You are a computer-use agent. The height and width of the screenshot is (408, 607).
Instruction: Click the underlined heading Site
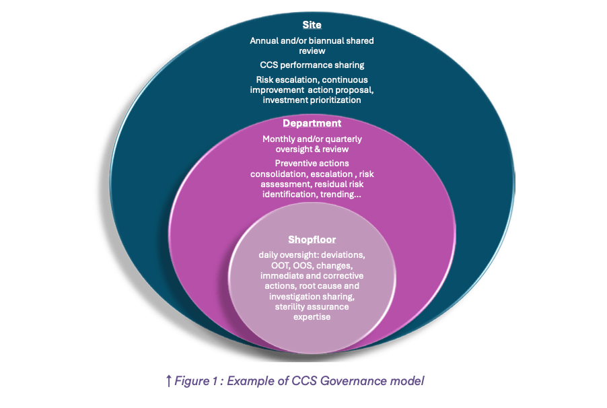tap(312, 25)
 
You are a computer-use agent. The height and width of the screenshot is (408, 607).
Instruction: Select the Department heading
tap(312, 123)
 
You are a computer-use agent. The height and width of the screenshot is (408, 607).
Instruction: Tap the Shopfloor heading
tap(312, 239)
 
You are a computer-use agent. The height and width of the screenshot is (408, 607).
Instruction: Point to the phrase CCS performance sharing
tap(312, 65)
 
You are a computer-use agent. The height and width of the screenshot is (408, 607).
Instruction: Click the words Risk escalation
tap(279, 79)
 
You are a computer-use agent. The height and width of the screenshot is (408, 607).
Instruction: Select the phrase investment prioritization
tap(312, 100)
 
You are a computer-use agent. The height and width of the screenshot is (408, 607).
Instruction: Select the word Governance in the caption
tap(356, 381)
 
